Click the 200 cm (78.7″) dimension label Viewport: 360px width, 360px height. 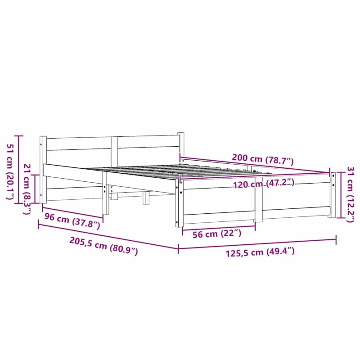pos(263,159)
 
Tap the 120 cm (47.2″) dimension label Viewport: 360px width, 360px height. pos(264,183)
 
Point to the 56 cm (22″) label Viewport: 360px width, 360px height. pos(217,234)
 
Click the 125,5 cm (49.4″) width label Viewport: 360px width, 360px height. pos(260,252)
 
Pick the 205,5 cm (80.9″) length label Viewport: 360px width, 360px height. pos(103,246)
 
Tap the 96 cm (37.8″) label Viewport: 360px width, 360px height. pos(72,220)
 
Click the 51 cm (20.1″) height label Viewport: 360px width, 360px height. pos(10,171)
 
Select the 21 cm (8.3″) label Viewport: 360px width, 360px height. pos(27,189)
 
